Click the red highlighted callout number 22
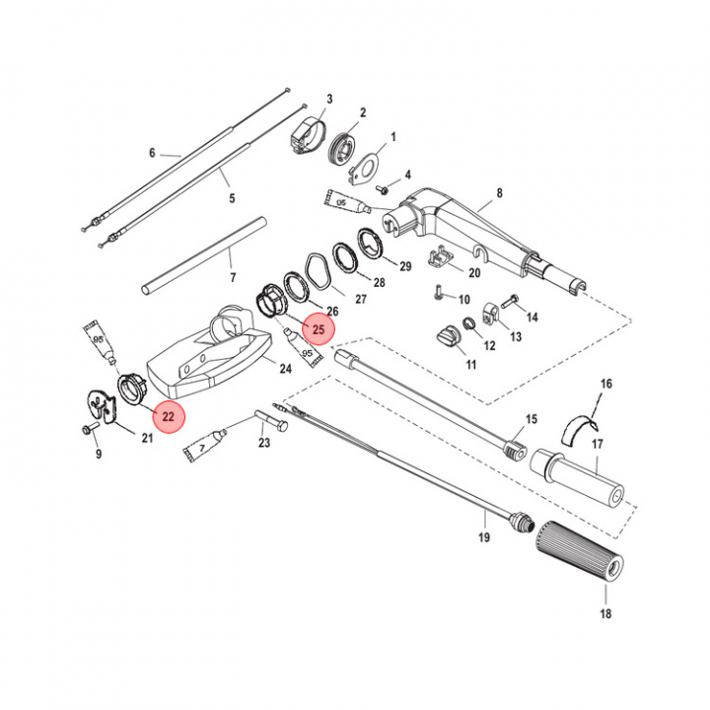tap(168, 416)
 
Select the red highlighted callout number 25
tap(319, 329)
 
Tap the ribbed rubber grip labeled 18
tap(580, 554)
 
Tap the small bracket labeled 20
tap(441, 257)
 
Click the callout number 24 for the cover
tap(285, 369)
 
